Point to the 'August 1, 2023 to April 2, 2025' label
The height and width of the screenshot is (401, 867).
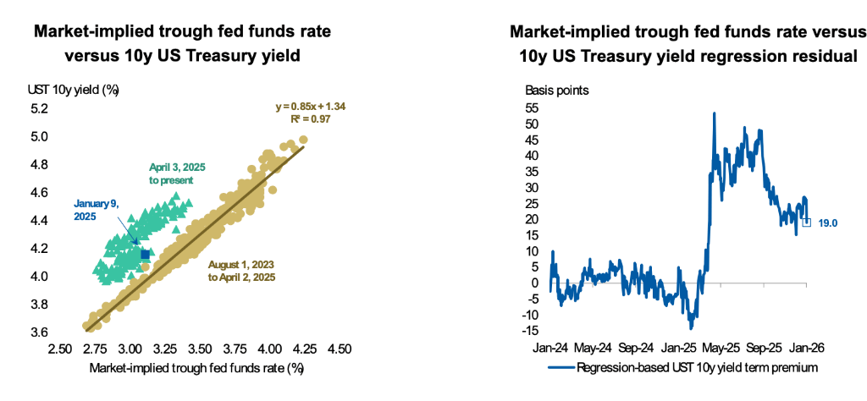(241, 271)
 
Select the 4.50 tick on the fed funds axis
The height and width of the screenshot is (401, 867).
(340, 348)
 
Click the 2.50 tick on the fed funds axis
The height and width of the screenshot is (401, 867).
(59, 348)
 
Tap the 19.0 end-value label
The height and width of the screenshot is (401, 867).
(828, 222)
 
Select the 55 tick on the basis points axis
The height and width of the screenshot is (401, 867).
(533, 109)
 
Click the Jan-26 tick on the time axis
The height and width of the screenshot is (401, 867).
(806, 348)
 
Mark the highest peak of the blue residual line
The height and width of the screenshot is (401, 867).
(715, 113)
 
